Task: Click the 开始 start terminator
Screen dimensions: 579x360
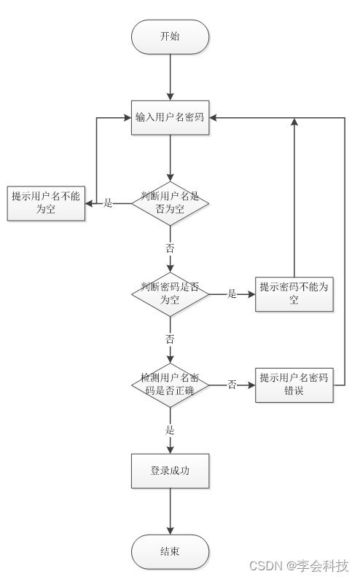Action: pyautogui.click(x=170, y=37)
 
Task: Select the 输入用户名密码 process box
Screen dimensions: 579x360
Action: pyautogui.click(x=170, y=117)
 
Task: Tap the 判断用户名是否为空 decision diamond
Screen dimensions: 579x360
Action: pyautogui.click(x=170, y=203)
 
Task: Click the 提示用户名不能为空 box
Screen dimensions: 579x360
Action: pyautogui.click(x=45, y=202)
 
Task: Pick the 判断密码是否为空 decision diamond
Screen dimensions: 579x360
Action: pyautogui.click(x=170, y=294)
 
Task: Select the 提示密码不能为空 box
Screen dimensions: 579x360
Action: pyautogui.click(x=294, y=294)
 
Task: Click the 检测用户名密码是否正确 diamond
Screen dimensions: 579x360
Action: pyautogui.click(x=170, y=385)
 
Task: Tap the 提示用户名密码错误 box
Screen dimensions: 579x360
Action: pyautogui.click(x=294, y=385)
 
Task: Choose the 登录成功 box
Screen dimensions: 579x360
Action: pyautogui.click(x=170, y=471)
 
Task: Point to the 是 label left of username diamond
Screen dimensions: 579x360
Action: pyautogui.click(x=108, y=203)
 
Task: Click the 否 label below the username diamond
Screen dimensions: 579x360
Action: pyautogui.click(x=170, y=248)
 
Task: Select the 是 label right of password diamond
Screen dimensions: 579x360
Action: pyautogui.click(x=232, y=294)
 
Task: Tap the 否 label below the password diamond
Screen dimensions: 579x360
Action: pyautogui.click(x=170, y=339)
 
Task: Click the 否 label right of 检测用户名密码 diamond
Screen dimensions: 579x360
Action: pyautogui.click(x=232, y=385)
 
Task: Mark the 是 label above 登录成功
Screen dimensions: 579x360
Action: pyautogui.click(x=170, y=430)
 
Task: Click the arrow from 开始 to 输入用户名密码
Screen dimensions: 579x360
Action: pyautogui.click(x=170, y=77)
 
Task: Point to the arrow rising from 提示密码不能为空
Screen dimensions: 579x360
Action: pyautogui.click(x=294, y=197)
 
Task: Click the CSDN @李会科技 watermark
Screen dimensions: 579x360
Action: pyautogui.click(x=299, y=566)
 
